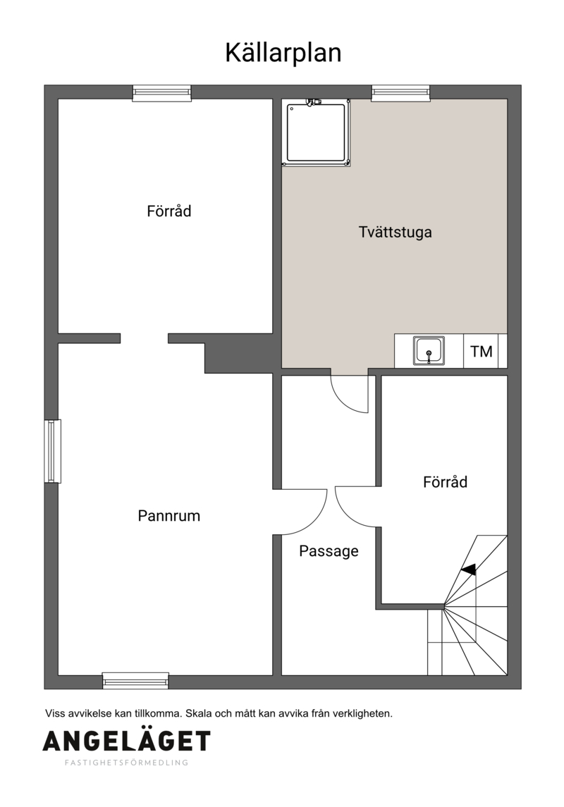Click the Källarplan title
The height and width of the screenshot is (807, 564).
(x=283, y=54)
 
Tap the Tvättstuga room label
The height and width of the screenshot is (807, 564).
(x=396, y=232)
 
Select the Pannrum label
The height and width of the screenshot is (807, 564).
(x=168, y=516)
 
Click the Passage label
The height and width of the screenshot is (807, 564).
(x=329, y=551)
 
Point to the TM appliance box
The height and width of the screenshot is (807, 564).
(x=481, y=351)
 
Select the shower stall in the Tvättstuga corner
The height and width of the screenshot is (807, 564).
(x=317, y=133)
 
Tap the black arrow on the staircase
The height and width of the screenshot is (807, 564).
(x=469, y=569)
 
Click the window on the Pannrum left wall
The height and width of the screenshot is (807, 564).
(x=52, y=451)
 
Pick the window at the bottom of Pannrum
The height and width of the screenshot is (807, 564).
(x=136, y=680)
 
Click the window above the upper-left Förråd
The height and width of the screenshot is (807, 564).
(x=162, y=93)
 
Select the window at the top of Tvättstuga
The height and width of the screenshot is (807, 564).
(x=401, y=93)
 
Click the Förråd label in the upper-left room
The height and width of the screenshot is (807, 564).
(x=168, y=211)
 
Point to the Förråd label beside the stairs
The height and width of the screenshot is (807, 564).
(x=445, y=481)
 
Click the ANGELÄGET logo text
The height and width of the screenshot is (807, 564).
(x=127, y=741)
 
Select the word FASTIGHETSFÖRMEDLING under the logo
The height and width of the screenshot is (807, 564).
(x=127, y=763)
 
